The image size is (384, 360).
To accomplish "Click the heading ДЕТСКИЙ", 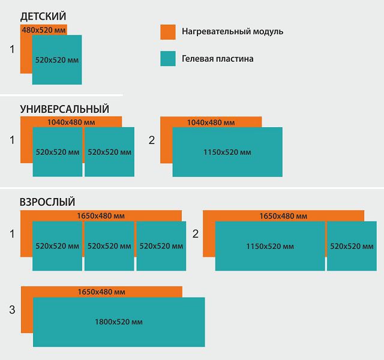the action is pyautogui.click(x=43, y=16).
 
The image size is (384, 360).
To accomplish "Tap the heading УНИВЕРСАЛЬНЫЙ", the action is pyautogui.click(x=64, y=109).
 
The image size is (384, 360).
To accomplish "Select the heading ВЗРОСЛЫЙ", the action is pyautogui.click(x=47, y=202).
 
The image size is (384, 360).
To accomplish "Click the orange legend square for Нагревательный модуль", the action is pyautogui.click(x=168, y=32).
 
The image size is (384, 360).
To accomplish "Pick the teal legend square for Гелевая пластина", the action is pyautogui.click(x=168, y=59).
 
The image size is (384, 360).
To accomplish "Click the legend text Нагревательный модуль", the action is pyautogui.click(x=232, y=31).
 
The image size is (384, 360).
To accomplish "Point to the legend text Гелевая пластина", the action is pyautogui.click(x=217, y=59).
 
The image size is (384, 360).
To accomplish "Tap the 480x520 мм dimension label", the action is pyautogui.click(x=44, y=30).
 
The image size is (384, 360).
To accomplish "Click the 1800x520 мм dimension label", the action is pyautogui.click(x=119, y=322).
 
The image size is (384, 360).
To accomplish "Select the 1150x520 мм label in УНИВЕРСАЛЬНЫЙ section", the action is pyautogui.click(x=227, y=152).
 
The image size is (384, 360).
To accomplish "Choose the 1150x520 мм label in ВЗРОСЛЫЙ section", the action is pyautogui.click(x=270, y=246).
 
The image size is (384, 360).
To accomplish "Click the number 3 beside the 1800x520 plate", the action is pyautogui.click(x=12, y=310).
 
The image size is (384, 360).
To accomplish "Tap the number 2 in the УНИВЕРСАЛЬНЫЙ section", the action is pyautogui.click(x=152, y=140).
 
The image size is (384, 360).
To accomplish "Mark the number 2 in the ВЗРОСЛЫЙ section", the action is pyautogui.click(x=195, y=234).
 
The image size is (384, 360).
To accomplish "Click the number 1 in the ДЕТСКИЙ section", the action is pyautogui.click(x=12, y=49).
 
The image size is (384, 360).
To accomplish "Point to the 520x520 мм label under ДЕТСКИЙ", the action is pyautogui.click(x=57, y=60).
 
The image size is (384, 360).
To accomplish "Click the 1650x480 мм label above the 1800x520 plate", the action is pyautogui.click(x=101, y=292).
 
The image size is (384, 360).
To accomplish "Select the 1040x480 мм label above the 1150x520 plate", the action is pyautogui.click(x=211, y=122).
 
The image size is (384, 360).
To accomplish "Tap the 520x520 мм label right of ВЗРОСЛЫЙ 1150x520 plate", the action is pyautogui.click(x=352, y=246).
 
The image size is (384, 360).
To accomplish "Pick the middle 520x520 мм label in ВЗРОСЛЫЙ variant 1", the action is pyautogui.click(x=109, y=246).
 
